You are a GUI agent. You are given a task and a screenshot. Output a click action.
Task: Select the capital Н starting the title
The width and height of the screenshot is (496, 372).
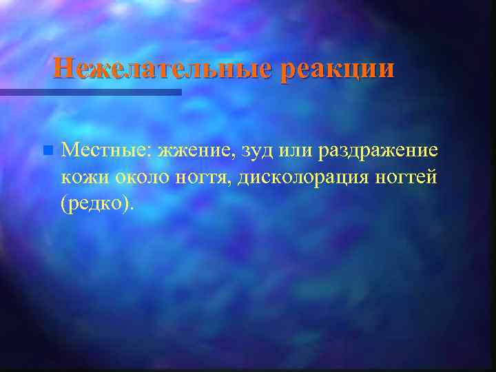63,68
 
